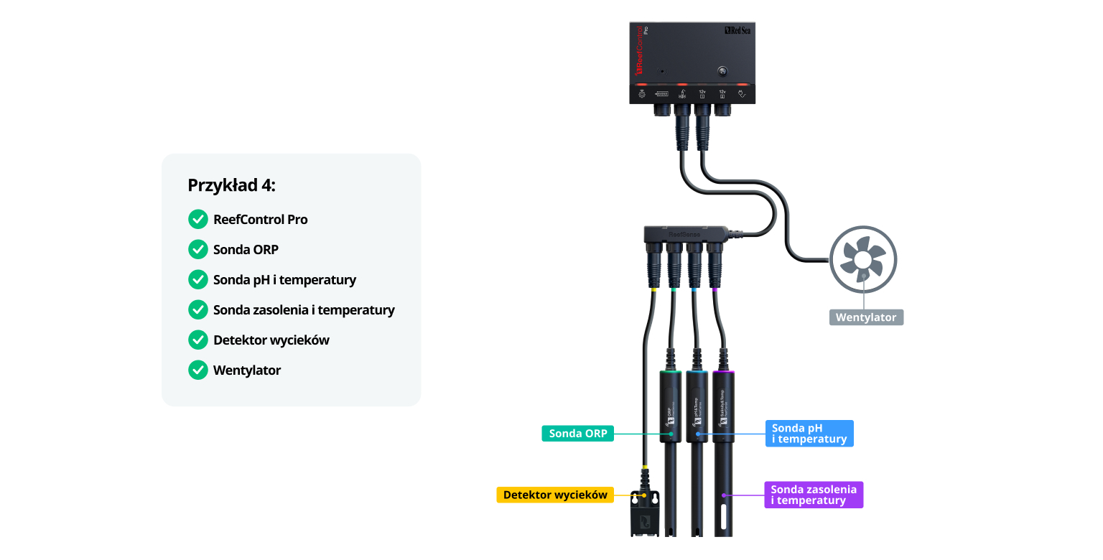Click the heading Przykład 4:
(231, 185)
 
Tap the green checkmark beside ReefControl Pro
(197, 220)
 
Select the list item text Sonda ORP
(246, 250)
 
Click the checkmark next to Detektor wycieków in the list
(197, 340)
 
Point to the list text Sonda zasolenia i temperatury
(304, 310)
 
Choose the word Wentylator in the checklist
(247, 370)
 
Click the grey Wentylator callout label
(866, 317)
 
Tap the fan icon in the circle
(863, 259)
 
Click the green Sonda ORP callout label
(577, 434)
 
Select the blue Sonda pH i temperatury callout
(809, 434)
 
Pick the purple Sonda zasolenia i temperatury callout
(814, 495)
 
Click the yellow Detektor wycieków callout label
(555, 495)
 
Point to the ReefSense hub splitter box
(685, 234)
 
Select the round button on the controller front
(722, 71)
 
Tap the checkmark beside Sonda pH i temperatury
(197, 280)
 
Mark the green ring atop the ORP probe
(671, 373)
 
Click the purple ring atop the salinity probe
(723, 373)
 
